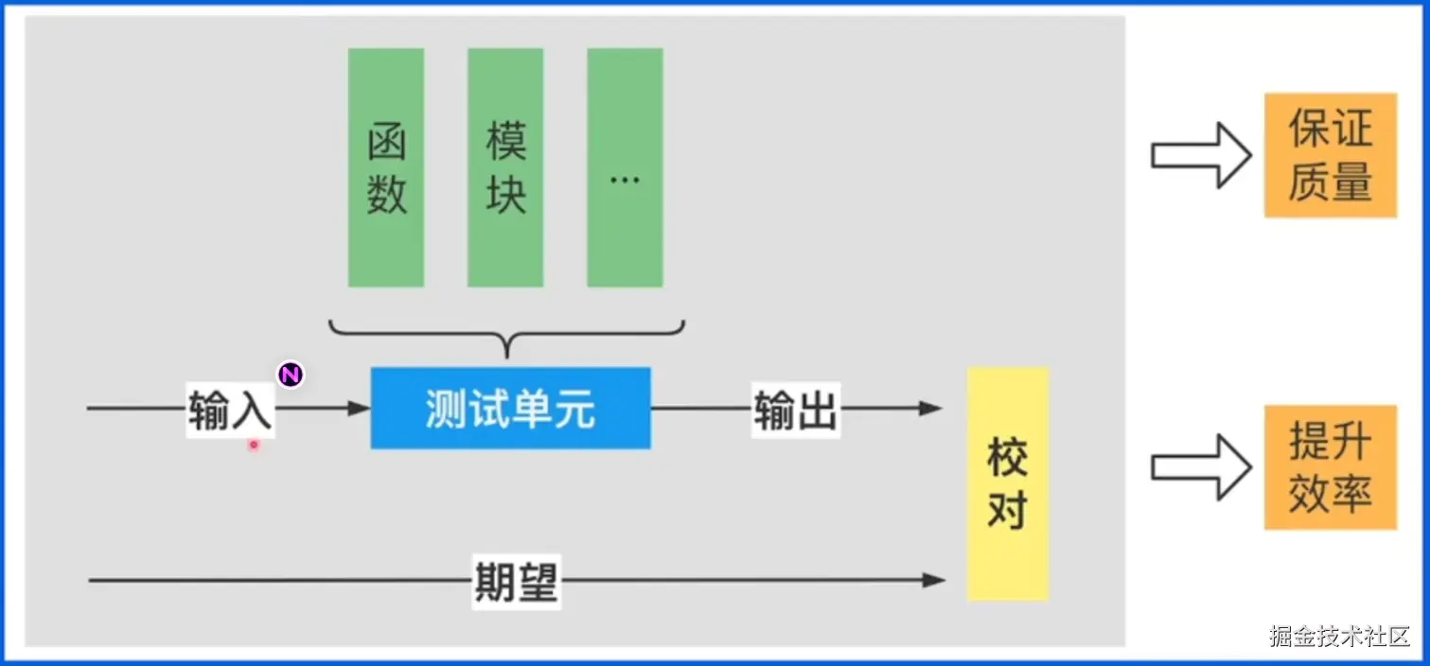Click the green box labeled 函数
[x=386, y=167]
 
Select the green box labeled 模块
[x=505, y=167]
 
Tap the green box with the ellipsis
[x=625, y=167]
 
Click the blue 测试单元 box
[x=510, y=408]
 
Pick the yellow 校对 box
[x=1008, y=482]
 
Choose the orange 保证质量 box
[x=1330, y=155]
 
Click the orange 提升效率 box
[x=1330, y=467]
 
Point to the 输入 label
[x=230, y=410]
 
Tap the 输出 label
[x=795, y=409]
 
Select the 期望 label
[x=516, y=580]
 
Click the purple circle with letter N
[x=291, y=375]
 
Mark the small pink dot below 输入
[x=254, y=444]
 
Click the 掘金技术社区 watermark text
[x=1339, y=636]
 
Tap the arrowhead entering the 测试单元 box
[x=360, y=409]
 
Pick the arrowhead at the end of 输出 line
[x=933, y=409]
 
